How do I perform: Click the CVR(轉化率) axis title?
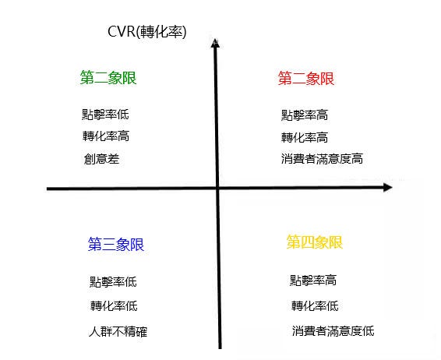[146, 31]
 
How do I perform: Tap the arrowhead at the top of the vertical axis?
[215, 43]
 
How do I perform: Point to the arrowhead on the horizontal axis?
[388, 187]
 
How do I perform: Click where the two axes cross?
[217, 188]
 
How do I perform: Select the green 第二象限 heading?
[108, 78]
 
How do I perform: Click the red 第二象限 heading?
[306, 78]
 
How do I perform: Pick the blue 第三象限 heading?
[116, 244]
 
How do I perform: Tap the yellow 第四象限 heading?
[315, 242]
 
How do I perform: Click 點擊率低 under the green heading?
[105, 115]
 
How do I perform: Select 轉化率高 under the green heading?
[106, 136]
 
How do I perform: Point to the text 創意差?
[101, 159]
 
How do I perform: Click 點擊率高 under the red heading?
[305, 115]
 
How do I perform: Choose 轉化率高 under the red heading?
[305, 137]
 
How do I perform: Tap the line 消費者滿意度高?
[322, 159]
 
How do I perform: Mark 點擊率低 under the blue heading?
[113, 282]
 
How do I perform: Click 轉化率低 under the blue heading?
[114, 305]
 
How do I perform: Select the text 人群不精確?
[118, 332]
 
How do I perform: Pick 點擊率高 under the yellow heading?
[313, 281]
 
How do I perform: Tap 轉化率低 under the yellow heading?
[315, 305]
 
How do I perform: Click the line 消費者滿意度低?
[333, 330]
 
